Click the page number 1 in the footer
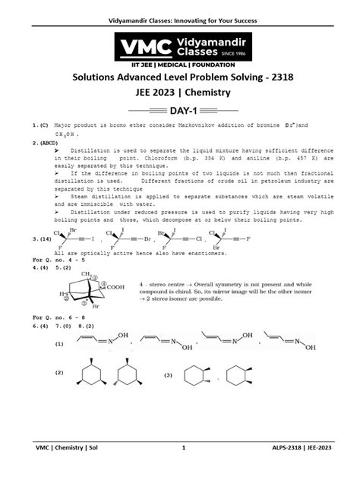[x=183, y=469]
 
